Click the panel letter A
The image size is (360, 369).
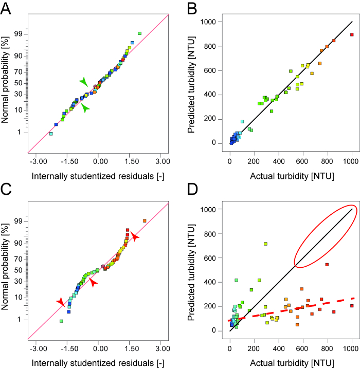click(x=7, y=8)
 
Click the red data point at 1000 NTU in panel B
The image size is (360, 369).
click(x=352, y=34)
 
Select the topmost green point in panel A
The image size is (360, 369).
click(x=139, y=33)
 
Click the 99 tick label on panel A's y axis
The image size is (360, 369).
click(x=23, y=33)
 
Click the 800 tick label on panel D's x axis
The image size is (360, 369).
click(x=328, y=341)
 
